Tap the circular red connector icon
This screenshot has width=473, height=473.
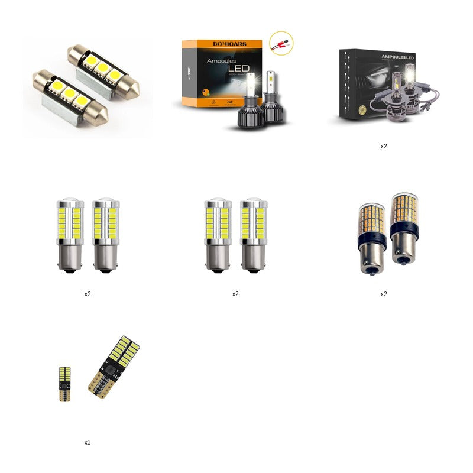pos(282,44)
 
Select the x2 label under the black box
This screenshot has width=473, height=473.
pos(384,146)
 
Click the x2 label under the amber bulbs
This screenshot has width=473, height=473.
pos(384,294)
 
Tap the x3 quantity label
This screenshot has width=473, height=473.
pos(88,442)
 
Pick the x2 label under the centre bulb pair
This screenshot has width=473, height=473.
pos(235,294)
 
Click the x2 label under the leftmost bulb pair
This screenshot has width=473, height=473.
pos(88,294)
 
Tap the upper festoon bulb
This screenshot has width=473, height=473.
pos(103,70)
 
